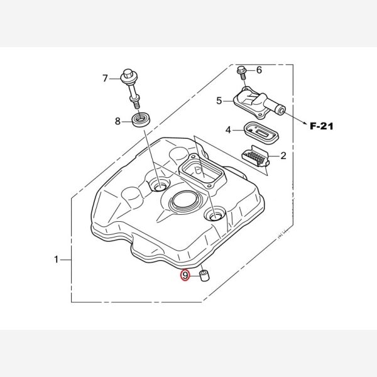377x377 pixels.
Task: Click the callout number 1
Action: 57,260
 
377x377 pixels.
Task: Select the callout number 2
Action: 283,156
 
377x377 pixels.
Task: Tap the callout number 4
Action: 228,130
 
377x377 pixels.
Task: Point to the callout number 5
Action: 219,101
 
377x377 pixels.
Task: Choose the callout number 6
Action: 259,70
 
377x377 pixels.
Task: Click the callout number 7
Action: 105,79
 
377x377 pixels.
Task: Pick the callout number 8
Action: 117,121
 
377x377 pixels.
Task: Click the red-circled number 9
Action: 185,275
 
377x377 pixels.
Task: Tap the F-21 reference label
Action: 322,126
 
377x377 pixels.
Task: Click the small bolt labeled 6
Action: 242,73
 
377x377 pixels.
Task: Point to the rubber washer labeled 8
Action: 141,119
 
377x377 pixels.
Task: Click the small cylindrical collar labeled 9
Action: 204,276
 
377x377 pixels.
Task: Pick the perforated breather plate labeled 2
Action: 255,156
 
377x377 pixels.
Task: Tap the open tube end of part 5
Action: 281,111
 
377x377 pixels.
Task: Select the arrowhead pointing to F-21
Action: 305,123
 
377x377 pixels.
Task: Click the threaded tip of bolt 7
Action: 137,105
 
